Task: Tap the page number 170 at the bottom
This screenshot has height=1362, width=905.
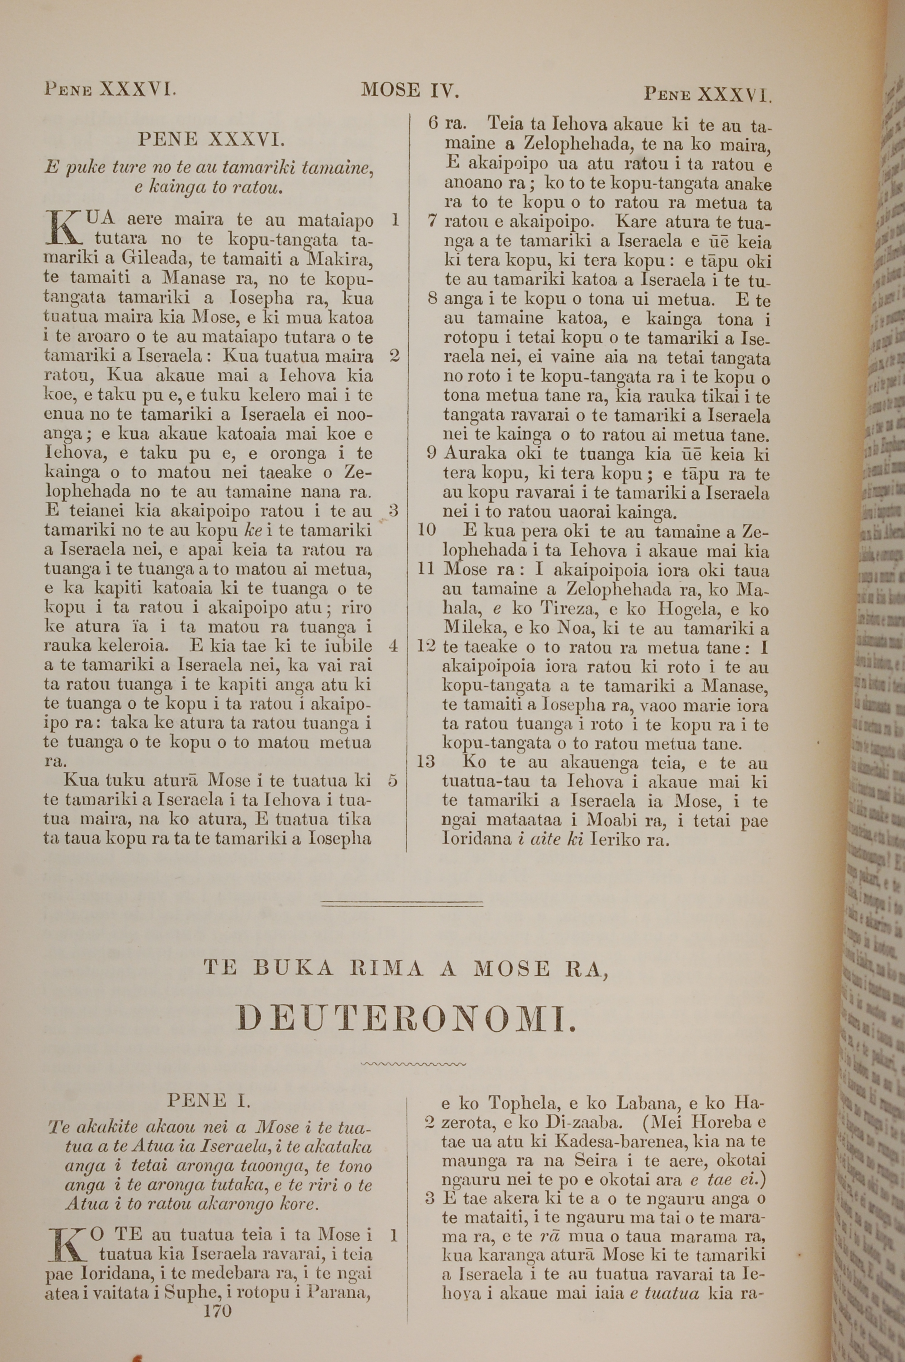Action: coord(218,1295)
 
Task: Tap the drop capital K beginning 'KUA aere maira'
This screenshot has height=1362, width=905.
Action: coord(64,228)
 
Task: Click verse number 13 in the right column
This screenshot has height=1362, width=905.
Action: coord(425,762)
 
